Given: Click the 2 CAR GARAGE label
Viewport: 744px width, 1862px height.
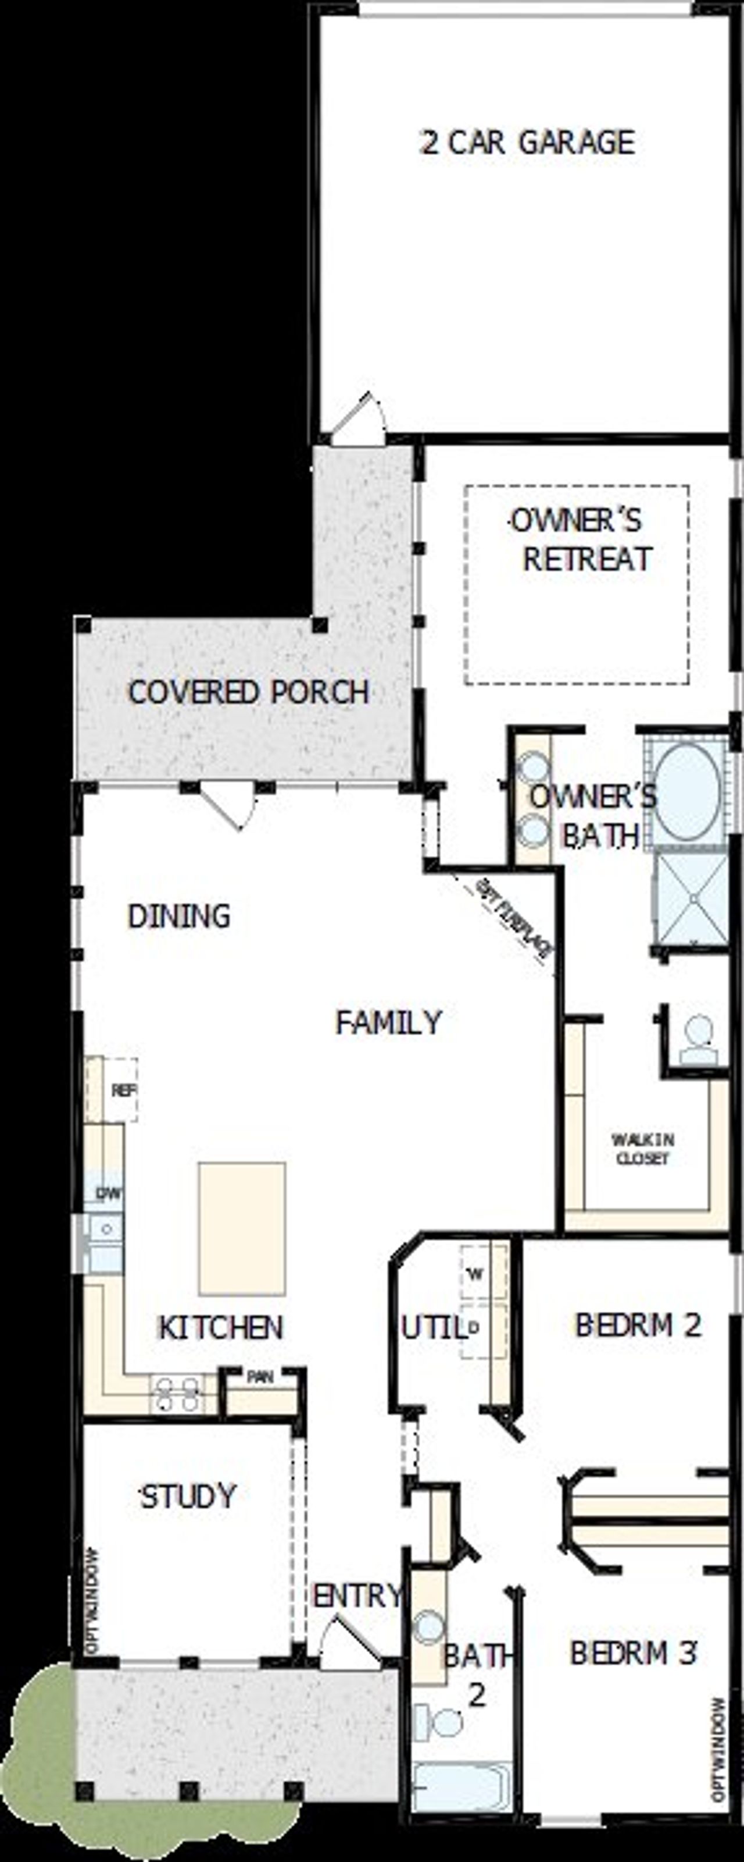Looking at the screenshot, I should pyautogui.click(x=528, y=143).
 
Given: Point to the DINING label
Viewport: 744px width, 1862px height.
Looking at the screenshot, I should pyautogui.click(x=178, y=916).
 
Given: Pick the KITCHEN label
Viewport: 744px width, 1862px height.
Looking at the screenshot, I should pyautogui.click(x=220, y=1327).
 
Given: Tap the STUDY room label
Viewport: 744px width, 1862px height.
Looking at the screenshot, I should pyautogui.click(x=188, y=1496).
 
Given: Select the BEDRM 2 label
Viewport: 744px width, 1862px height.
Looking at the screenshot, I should pyautogui.click(x=638, y=1325).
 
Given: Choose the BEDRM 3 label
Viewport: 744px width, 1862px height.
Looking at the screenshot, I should pyautogui.click(x=634, y=1653).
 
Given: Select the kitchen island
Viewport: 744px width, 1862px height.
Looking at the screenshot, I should pyautogui.click(x=242, y=1229).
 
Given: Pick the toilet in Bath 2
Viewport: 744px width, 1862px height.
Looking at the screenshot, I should pyautogui.click(x=441, y=1722).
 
